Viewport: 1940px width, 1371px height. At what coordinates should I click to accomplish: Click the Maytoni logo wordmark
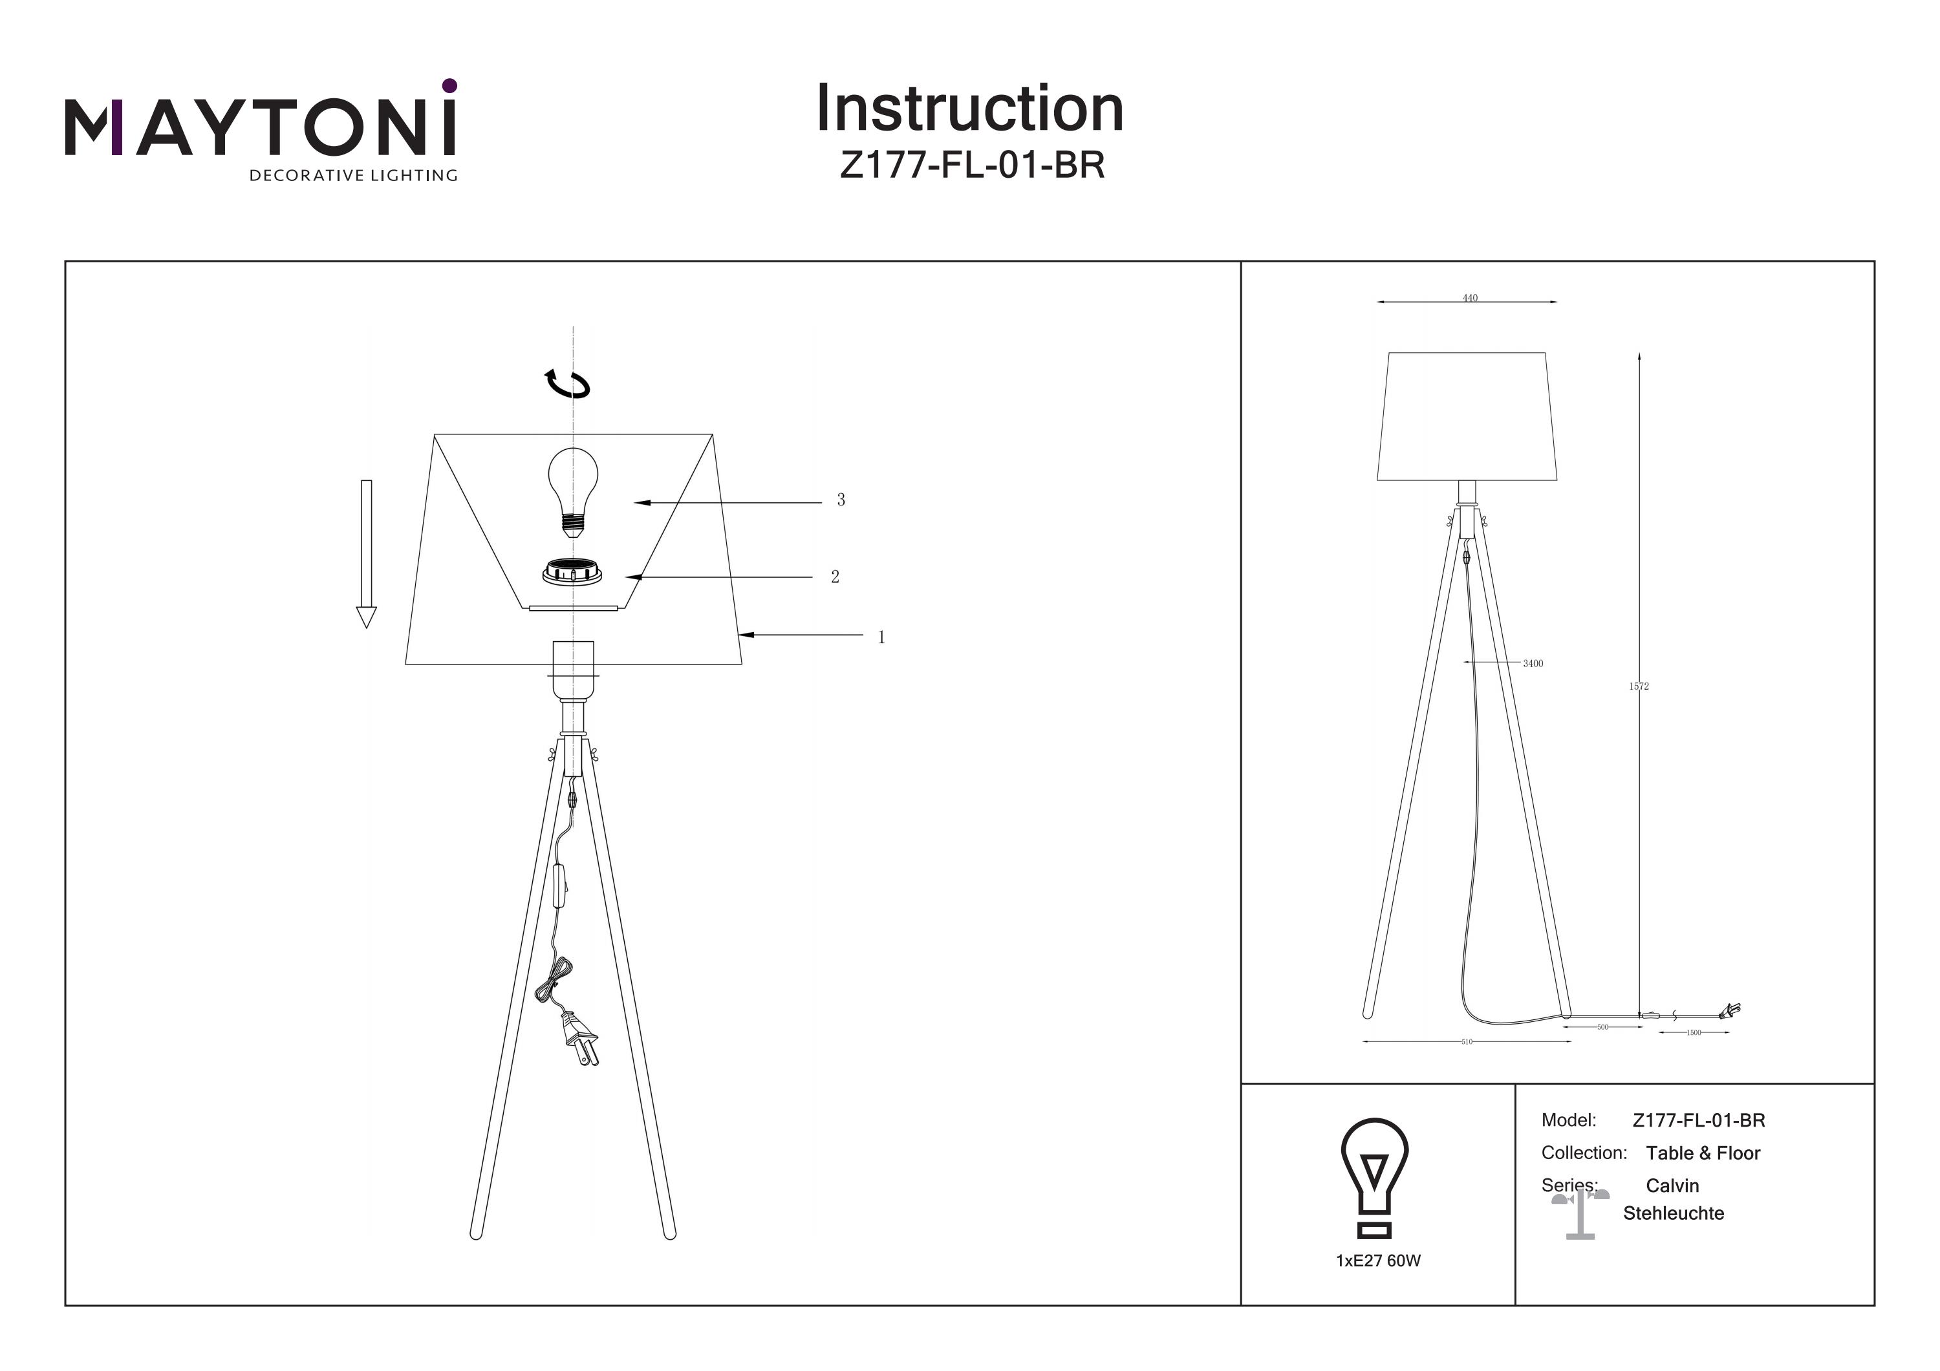point(260,127)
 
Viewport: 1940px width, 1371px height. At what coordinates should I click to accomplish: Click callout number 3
point(841,500)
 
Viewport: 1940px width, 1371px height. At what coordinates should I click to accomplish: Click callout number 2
point(835,577)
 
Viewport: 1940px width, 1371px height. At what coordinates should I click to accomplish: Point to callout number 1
point(881,638)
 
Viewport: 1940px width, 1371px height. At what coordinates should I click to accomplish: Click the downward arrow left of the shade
point(366,553)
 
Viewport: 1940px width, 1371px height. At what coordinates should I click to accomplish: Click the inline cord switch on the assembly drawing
point(559,886)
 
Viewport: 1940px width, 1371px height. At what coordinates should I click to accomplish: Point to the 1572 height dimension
point(1639,686)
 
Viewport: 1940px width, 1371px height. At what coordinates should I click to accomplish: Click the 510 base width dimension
point(1467,1041)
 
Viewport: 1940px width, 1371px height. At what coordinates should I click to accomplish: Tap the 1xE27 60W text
point(1378,1260)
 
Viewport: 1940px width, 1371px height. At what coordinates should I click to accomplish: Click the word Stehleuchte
point(1673,1213)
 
